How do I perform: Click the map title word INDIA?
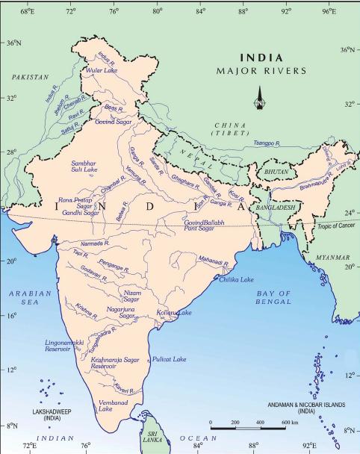261,57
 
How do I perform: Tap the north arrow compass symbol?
259,99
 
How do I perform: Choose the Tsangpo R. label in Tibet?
267,142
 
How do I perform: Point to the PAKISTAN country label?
30,76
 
